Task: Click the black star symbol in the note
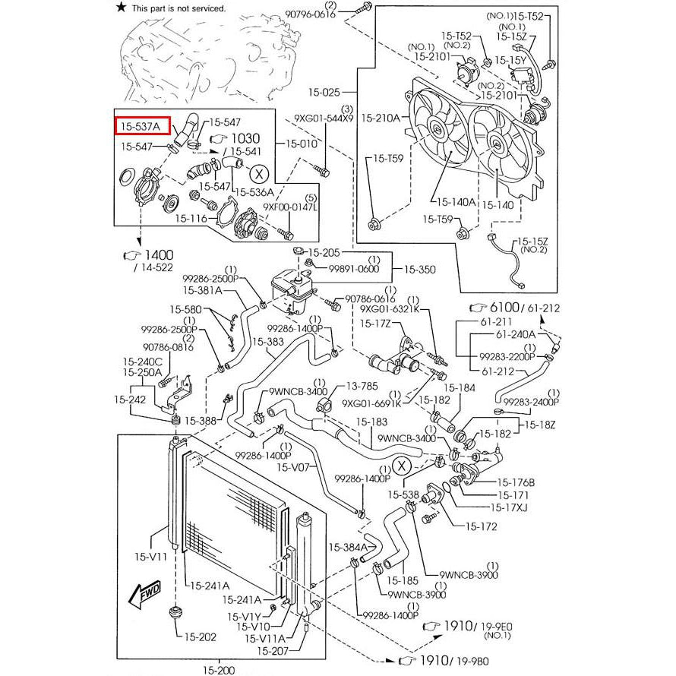tap(121, 8)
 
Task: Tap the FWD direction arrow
tap(144, 595)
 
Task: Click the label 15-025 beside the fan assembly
tap(324, 93)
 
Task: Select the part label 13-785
tap(362, 386)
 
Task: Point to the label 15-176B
tap(516, 482)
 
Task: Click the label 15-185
tap(400, 581)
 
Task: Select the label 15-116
tap(191, 217)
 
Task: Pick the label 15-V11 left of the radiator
tap(152, 557)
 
